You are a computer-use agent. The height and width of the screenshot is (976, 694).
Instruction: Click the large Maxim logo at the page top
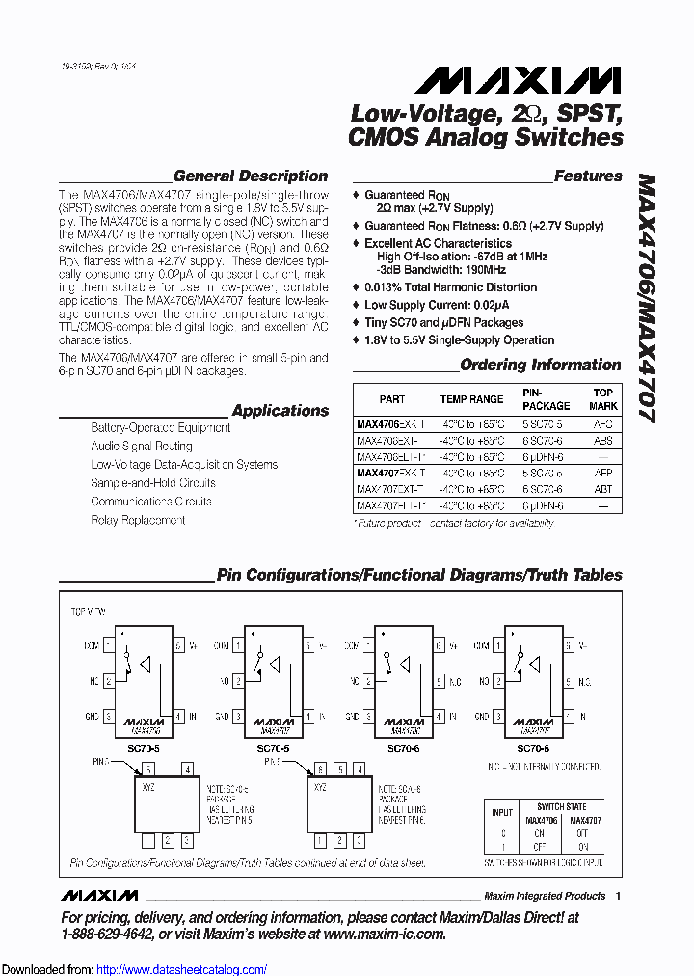pyautogui.click(x=512, y=80)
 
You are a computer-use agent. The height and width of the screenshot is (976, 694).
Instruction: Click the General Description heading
pyautogui.click(x=251, y=176)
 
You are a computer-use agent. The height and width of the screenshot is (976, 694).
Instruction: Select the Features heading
pyautogui.click(x=588, y=176)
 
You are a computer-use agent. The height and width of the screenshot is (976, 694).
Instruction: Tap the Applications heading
pyautogui.click(x=280, y=410)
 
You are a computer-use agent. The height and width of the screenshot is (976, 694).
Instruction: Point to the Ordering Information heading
pyautogui.click(x=540, y=365)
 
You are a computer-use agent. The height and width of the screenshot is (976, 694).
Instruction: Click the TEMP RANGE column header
pyautogui.click(x=471, y=399)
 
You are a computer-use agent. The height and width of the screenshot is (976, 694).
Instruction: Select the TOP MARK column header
pyautogui.click(x=603, y=399)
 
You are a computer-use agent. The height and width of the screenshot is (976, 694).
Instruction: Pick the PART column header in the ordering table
pyautogui.click(x=392, y=399)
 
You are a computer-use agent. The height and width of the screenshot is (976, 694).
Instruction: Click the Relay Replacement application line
pyautogui.click(x=138, y=520)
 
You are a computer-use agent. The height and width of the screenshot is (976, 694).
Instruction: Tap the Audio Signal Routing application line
pyautogui.click(x=142, y=447)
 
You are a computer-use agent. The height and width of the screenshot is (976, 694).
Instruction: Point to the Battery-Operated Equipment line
pyautogui.click(x=160, y=427)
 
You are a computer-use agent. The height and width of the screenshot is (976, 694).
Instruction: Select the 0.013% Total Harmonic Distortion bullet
pyautogui.click(x=450, y=287)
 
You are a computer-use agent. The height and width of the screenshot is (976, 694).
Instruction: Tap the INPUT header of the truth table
pyautogui.click(x=502, y=813)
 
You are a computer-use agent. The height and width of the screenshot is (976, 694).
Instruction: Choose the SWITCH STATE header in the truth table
pyautogui.click(x=561, y=806)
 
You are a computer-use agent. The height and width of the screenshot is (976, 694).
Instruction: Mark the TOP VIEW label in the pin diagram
pyautogui.click(x=88, y=612)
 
